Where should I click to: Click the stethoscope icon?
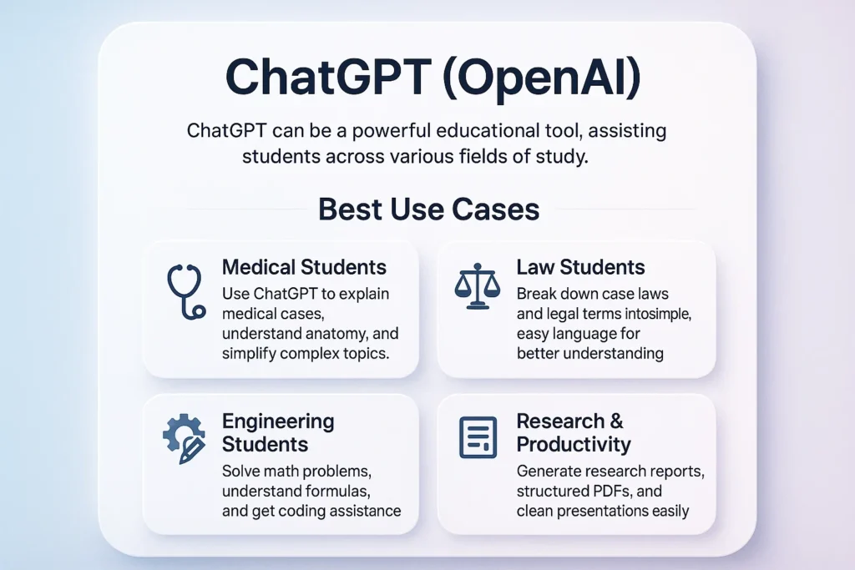tap(185, 291)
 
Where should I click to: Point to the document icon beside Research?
tap(478, 437)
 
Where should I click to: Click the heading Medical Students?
tap(304, 268)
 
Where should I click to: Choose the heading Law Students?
tap(580, 268)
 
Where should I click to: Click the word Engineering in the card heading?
tap(278, 421)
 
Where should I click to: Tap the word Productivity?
tap(574, 444)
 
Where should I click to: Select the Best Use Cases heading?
tap(428, 209)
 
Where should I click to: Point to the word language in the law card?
tap(580, 334)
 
